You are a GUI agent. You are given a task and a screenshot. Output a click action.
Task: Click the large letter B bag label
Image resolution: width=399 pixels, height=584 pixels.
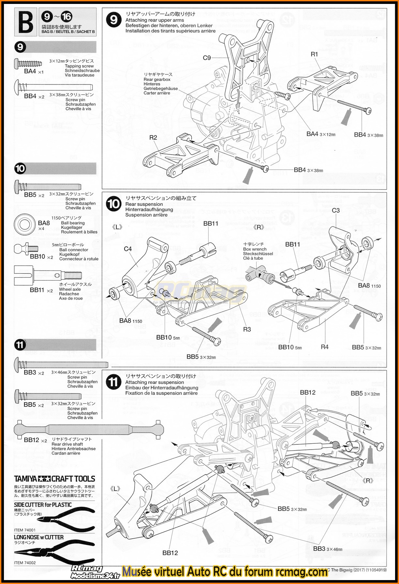tap(25, 22)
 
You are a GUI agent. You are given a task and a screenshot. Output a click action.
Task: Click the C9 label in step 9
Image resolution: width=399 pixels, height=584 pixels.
tap(207, 58)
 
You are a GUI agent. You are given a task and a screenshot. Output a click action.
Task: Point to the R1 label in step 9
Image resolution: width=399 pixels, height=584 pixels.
tap(314, 54)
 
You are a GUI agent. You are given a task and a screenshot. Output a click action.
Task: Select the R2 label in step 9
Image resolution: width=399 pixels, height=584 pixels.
tap(153, 137)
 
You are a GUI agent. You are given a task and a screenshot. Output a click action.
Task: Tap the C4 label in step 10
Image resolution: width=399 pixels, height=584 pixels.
tap(128, 249)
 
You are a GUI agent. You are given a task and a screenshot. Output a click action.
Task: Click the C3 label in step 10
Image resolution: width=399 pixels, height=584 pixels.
tap(336, 210)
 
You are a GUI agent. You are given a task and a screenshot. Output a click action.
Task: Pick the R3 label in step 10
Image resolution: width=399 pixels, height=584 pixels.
tap(247, 329)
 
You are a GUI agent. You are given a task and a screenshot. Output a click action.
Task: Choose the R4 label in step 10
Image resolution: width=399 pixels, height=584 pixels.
tap(325, 347)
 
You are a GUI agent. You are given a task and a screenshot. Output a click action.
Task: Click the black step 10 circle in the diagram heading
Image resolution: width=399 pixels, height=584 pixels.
tap(114, 204)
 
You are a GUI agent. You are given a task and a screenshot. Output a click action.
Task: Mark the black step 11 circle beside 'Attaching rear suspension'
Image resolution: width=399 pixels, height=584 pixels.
tap(114, 382)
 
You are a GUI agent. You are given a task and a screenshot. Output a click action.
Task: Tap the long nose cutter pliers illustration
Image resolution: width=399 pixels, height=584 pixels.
tap(55, 550)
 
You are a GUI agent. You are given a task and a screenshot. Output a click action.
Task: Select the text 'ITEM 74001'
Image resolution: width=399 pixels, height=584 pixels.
tap(25, 530)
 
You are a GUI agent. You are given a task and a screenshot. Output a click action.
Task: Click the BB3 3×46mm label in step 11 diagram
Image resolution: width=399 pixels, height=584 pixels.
tap(328, 549)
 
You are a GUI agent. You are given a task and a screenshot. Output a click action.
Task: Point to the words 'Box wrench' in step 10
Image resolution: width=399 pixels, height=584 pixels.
tap(255, 249)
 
